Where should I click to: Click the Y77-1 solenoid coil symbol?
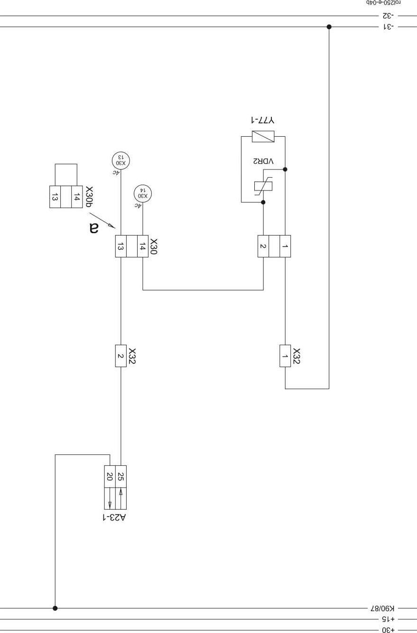pos(263,136)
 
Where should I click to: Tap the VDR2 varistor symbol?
pos(263,186)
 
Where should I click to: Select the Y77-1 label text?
pos(262,120)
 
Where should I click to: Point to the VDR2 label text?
pos(263,161)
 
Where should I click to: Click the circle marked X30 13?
pos(120,161)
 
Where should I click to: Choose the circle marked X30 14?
pos(143,194)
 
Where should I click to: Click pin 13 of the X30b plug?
pos(55,197)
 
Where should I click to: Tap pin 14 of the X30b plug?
pos(77,197)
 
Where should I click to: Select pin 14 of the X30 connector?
pos(143,246)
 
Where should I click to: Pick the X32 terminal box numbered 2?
pos(120,356)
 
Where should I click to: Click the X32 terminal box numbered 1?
pos(285,356)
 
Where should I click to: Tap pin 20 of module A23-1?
pos(110,476)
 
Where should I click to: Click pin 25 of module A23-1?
pos(121,476)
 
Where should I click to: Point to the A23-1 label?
pos(114,518)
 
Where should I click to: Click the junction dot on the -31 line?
pos(329,27)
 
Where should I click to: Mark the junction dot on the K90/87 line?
pos(55,608)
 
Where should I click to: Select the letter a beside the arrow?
pos(94,228)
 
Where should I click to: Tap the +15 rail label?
pos(388,619)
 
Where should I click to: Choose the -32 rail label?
pos(389,16)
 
